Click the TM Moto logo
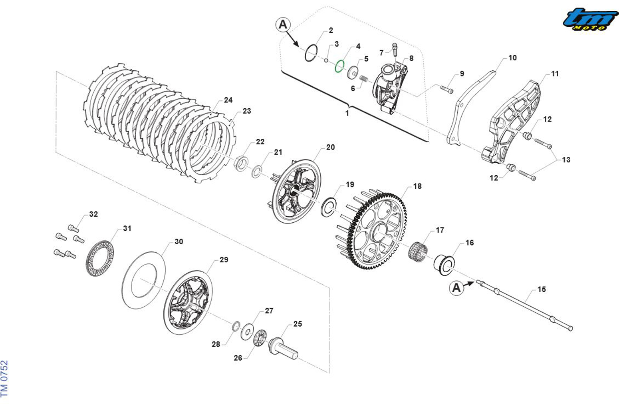(590, 19)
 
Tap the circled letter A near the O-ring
(283, 25)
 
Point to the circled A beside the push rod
(456, 288)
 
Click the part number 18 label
(417, 186)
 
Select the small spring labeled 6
(364, 79)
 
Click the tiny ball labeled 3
(326, 60)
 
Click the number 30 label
(179, 241)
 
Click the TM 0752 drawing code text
(5, 379)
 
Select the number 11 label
(555, 74)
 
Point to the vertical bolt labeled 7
(395, 50)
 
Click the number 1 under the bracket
(347, 113)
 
